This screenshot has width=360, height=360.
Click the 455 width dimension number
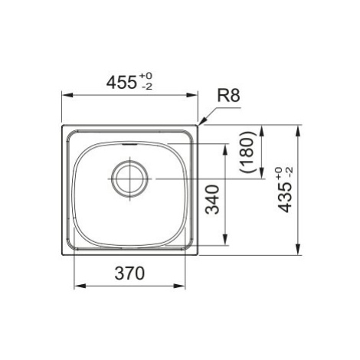[x=121, y=83]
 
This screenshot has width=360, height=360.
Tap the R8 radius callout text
[x=228, y=96]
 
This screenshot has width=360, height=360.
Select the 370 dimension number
[x=129, y=273]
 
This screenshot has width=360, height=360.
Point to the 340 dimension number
[x=212, y=199]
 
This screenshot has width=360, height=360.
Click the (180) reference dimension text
[x=247, y=152]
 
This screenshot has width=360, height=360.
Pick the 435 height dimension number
[x=285, y=198]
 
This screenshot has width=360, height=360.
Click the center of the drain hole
[x=130, y=178]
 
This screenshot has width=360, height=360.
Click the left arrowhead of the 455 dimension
[x=68, y=95]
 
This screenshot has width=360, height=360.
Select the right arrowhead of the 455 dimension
[x=191, y=95]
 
